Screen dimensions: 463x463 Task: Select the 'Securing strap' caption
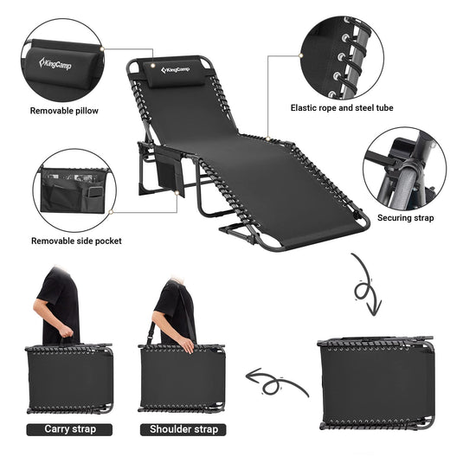pyautogui.click(x=405, y=218)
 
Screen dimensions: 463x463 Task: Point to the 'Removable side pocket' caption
pyautogui.click(x=76, y=241)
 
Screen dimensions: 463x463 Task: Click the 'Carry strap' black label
pyautogui.click(x=70, y=429)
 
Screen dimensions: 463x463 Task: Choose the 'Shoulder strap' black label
pyautogui.click(x=183, y=429)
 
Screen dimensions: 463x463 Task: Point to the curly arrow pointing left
pyautogui.click(x=275, y=380)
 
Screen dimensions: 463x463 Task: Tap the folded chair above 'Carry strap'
pyautogui.click(x=70, y=379)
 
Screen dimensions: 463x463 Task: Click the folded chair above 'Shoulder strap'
pyautogui.click(x=183, y=379)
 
